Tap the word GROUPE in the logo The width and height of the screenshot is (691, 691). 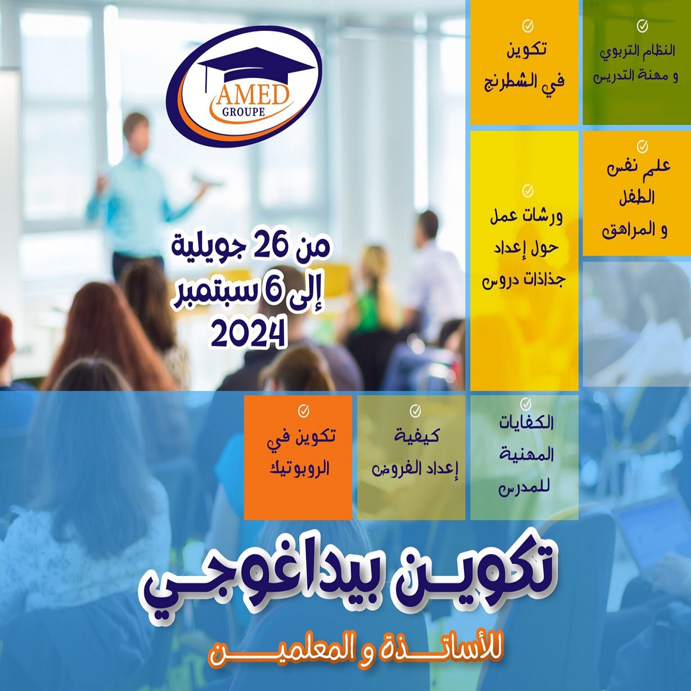[x=244, y=112]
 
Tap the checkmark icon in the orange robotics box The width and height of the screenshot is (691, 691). [x=303, y=410]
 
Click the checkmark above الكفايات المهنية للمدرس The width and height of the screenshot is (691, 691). [x=526, y=404]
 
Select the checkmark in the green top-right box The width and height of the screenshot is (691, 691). [x=642, y=26]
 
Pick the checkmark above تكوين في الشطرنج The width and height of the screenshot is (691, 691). [x=528, y=26]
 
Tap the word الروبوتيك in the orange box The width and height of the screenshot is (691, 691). [x=299, y=468]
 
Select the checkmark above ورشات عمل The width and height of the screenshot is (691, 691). [x=528, y=190]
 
